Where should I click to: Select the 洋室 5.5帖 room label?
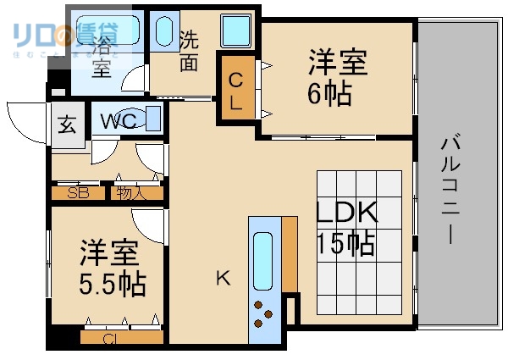pos(110,268)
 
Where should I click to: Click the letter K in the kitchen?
pos(222,277)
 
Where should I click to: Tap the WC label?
pos(119,121)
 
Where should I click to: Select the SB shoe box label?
pos(78,193)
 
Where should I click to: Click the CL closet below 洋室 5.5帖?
pos(110,338)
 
